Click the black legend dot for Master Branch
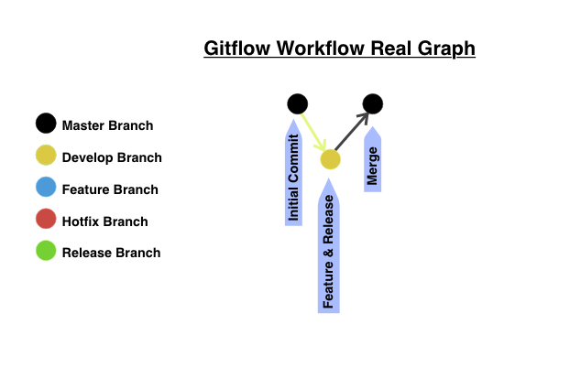pos(46,124)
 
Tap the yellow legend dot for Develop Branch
pos(46,157)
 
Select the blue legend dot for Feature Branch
pos(46,189)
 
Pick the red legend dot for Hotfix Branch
pos(46,221)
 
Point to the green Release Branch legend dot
pos(46,252)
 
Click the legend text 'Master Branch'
pos(107,125)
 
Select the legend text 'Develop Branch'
pos(112,157)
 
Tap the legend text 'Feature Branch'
pos(110,189)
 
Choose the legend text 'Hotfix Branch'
pos(104,222)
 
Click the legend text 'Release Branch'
pos(111,253)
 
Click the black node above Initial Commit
pos(298,103)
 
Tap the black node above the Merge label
pos(372,103)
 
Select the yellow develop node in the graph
pos(330,159)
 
